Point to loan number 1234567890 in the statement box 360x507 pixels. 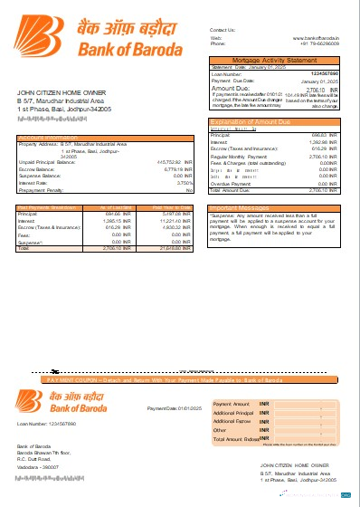click(x=324, y=72)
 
